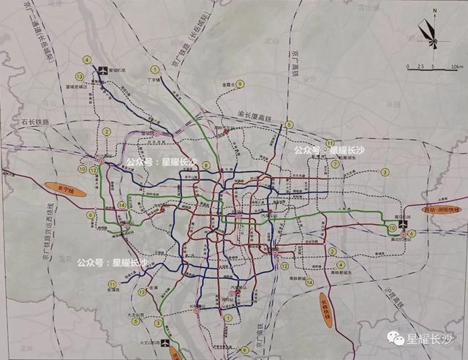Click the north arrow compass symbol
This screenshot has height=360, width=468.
(x=429, y=31)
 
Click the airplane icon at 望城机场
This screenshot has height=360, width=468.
(x=102, y=70)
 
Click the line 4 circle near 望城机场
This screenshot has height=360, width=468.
(x=88, y=60)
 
